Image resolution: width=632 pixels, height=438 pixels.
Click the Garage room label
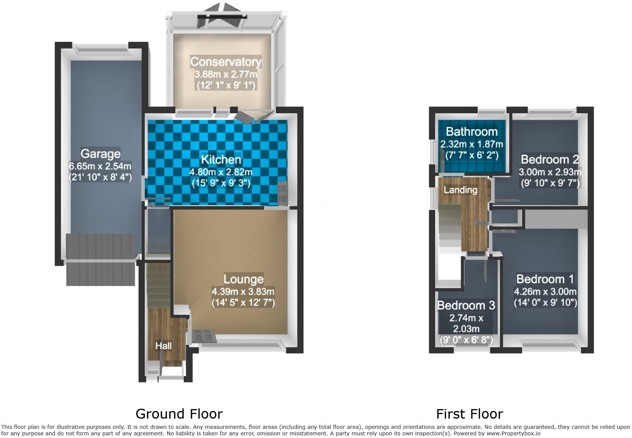pos(100,154)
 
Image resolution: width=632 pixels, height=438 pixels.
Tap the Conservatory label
pos(226,62)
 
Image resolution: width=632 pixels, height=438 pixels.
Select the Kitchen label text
pos(221,159)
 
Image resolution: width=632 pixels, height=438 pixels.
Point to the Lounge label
pos(243,279)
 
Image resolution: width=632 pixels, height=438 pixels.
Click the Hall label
pos(163,346)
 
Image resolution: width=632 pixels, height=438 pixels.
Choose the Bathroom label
pos(472,132)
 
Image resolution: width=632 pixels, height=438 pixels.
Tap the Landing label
pos(460,190)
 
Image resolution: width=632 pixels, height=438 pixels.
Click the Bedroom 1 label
pos(545,279)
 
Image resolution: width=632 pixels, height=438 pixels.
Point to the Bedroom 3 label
pos(466,305)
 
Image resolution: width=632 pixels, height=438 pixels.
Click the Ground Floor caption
pos(179,414)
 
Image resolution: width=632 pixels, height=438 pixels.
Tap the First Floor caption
pos(469,414)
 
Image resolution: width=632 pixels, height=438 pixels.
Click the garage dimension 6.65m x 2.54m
pos(100,166)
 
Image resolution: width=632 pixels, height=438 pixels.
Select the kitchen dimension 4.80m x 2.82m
pos(221,172)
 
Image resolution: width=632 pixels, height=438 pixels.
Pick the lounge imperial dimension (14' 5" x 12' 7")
pos(243,303)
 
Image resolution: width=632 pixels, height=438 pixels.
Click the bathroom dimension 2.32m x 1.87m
pos(472,144)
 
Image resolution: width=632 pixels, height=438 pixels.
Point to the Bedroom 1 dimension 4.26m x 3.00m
pos(545,292)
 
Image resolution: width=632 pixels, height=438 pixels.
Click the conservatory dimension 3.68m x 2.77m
pos(226,74)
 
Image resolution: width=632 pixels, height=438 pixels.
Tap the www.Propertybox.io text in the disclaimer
pos(513,433)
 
